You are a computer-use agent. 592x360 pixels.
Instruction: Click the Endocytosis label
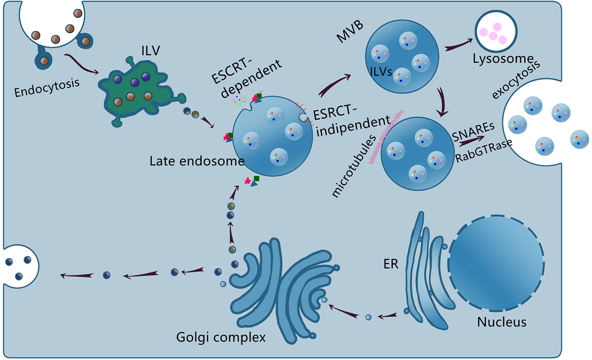point(46,85)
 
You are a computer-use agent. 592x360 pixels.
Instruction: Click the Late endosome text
point(197,161)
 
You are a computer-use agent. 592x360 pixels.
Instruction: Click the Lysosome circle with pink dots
point(496,34)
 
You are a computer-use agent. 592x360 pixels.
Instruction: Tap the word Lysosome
point(503,59)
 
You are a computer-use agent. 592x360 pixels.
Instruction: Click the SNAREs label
point(473,127)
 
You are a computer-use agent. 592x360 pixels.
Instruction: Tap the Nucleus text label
point(502,322)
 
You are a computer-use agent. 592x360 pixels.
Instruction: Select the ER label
point(391,264)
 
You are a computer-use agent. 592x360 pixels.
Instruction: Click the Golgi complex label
point(221,337)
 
